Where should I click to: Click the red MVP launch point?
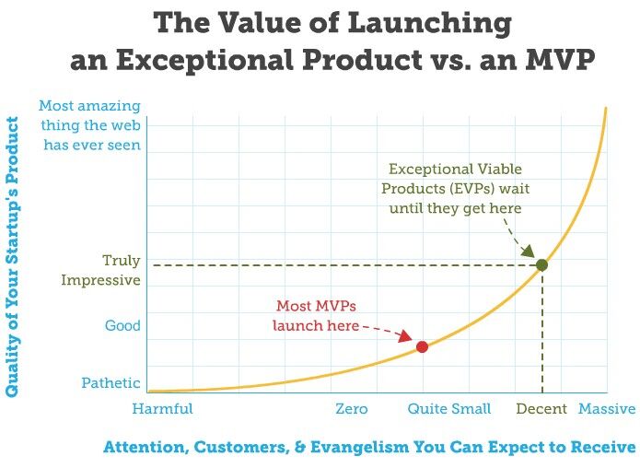(422, 346)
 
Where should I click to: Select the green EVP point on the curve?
(542, 265)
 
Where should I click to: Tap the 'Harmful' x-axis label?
(163, 408)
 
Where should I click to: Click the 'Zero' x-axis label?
(352, 408)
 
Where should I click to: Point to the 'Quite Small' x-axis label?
(448, 408)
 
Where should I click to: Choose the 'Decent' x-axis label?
(541, 408)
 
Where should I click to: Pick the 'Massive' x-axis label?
(607, 408)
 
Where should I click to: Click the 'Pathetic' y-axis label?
(111, 383)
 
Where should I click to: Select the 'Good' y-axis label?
(122, 325)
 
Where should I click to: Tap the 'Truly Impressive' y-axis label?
(103, 270)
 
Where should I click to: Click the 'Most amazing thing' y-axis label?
(91, 125)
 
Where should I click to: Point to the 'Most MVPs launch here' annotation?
(315, 315)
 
